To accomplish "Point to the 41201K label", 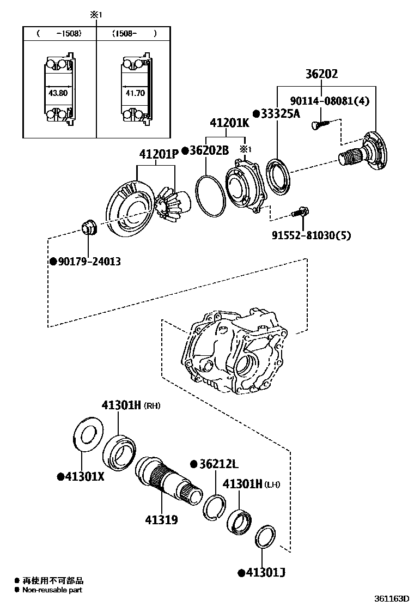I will point(229,123).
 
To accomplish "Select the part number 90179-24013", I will point(86,262).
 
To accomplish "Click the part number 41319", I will point(161,520).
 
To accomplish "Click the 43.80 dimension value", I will point(58,93).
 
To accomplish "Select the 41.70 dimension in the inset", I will point(135,93).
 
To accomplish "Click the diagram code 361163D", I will point(391,598).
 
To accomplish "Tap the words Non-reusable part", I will point(52,589).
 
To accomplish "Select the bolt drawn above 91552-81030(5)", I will point(301,213).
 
